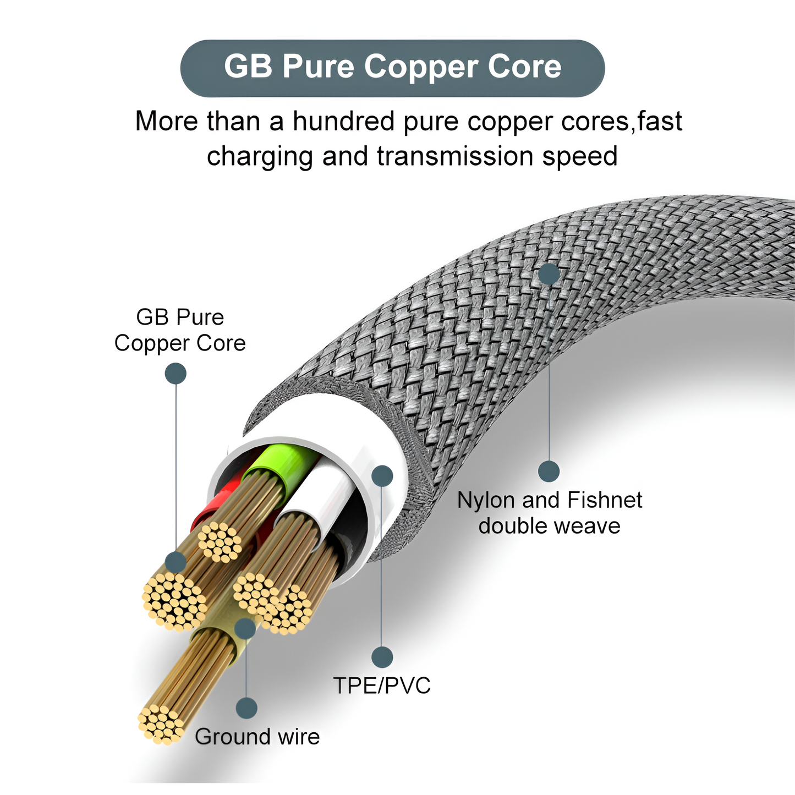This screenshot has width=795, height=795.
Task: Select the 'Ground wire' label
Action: pyautogui.click(x=257, y=737)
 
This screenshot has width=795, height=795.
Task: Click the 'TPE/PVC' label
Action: pyautogui.click(x=382, y=686)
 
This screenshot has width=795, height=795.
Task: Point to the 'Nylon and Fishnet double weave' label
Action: pyautogui.click(x=549, y=513)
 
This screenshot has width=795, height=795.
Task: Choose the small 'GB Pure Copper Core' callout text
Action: pyautogui.click(x=180, y=330)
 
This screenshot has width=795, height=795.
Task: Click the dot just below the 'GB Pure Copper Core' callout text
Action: pyautogui.click(x=176, y=374)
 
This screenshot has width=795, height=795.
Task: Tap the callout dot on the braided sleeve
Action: pyautogui.click(x=549, y=273)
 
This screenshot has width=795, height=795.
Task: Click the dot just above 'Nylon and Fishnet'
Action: pyautogui.click(x=549, y=471)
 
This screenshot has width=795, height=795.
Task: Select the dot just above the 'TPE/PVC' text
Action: pyautogui.click(x=382, y=657)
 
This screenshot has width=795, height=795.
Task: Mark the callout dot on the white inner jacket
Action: pyautogui.click(x=382, y=475)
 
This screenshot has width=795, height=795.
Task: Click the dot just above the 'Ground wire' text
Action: pyautogui.click(x=246, y=708)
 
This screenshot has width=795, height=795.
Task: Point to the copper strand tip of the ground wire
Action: pyautogui.click(x=160, y=724)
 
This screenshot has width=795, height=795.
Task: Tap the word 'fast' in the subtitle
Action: pyautogui.click(x=660, y=121)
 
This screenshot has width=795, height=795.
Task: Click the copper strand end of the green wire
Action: pyautogui.click(x=220, y=541)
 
